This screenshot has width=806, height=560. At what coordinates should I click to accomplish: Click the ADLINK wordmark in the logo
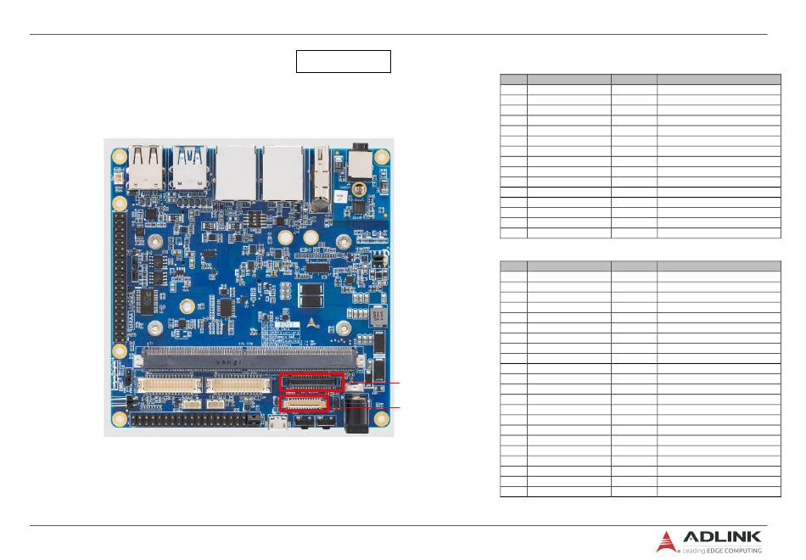722,537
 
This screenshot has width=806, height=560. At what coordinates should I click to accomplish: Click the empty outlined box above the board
343,61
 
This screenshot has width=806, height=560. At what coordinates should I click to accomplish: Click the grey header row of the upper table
641,78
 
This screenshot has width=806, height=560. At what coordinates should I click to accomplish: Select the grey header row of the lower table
641,266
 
